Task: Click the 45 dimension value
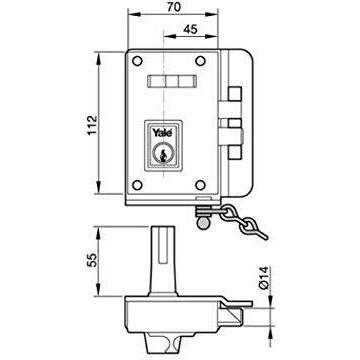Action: pos(190,29)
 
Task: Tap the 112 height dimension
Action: pos(91,125)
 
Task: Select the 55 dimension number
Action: pos(91,260)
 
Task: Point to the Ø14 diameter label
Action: pos(264,278)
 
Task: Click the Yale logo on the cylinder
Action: pos(162,132)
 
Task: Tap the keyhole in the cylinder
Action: pos(163,154)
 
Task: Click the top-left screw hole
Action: pos(137,61)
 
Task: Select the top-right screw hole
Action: pos(200,61)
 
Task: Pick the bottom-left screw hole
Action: pos(137,185)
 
